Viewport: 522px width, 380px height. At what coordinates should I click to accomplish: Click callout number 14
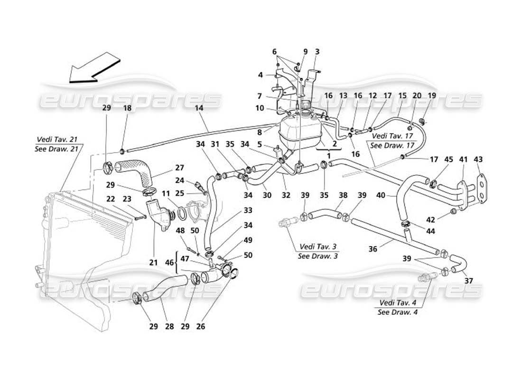(199, 108)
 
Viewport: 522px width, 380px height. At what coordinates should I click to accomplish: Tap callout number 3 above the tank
(317, 52)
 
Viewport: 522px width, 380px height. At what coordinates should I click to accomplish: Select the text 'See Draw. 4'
(397, 312)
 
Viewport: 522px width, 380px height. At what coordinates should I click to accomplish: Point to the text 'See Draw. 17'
(386, 145)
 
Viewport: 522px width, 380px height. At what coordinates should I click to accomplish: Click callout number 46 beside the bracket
(168, 262)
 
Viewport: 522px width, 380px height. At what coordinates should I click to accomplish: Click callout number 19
(432, 95)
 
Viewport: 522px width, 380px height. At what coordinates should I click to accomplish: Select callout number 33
(234, 210)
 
